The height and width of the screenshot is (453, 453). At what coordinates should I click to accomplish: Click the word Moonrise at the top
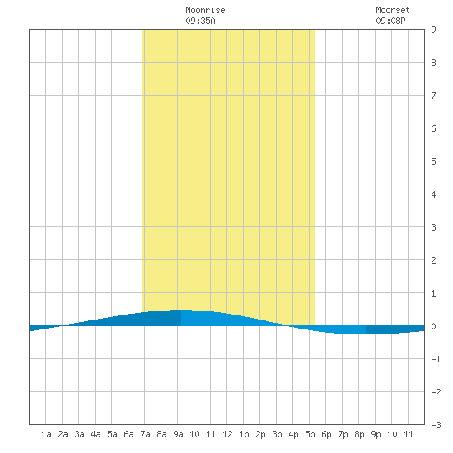205,10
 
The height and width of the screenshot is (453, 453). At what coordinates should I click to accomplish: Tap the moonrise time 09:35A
200,21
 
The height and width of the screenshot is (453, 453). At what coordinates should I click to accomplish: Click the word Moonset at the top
393,10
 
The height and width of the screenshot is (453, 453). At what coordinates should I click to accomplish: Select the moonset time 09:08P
390,21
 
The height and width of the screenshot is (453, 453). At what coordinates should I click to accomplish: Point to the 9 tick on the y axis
433,30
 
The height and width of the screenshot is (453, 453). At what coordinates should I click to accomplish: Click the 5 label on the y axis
433,161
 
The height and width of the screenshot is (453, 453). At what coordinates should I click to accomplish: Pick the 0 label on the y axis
433,326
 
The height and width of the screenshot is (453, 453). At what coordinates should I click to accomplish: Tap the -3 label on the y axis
436,425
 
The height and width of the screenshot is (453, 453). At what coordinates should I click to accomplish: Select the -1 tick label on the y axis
436,359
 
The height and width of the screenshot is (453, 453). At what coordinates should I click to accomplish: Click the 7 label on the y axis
433,96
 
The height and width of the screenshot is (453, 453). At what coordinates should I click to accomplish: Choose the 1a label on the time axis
46,434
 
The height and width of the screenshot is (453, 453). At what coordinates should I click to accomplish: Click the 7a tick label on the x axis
145,434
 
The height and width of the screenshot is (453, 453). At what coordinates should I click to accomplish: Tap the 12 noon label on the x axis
227,434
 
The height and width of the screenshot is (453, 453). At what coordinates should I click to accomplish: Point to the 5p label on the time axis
310,434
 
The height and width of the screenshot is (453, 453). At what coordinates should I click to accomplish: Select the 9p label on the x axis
376,434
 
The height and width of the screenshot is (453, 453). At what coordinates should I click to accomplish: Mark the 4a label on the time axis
96,434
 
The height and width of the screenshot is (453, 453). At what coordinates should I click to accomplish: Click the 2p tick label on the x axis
260,434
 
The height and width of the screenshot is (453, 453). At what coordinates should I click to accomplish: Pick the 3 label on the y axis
433,227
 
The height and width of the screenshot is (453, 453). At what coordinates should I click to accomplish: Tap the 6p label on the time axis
326,434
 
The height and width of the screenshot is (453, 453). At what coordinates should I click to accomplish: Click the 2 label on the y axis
433,260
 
